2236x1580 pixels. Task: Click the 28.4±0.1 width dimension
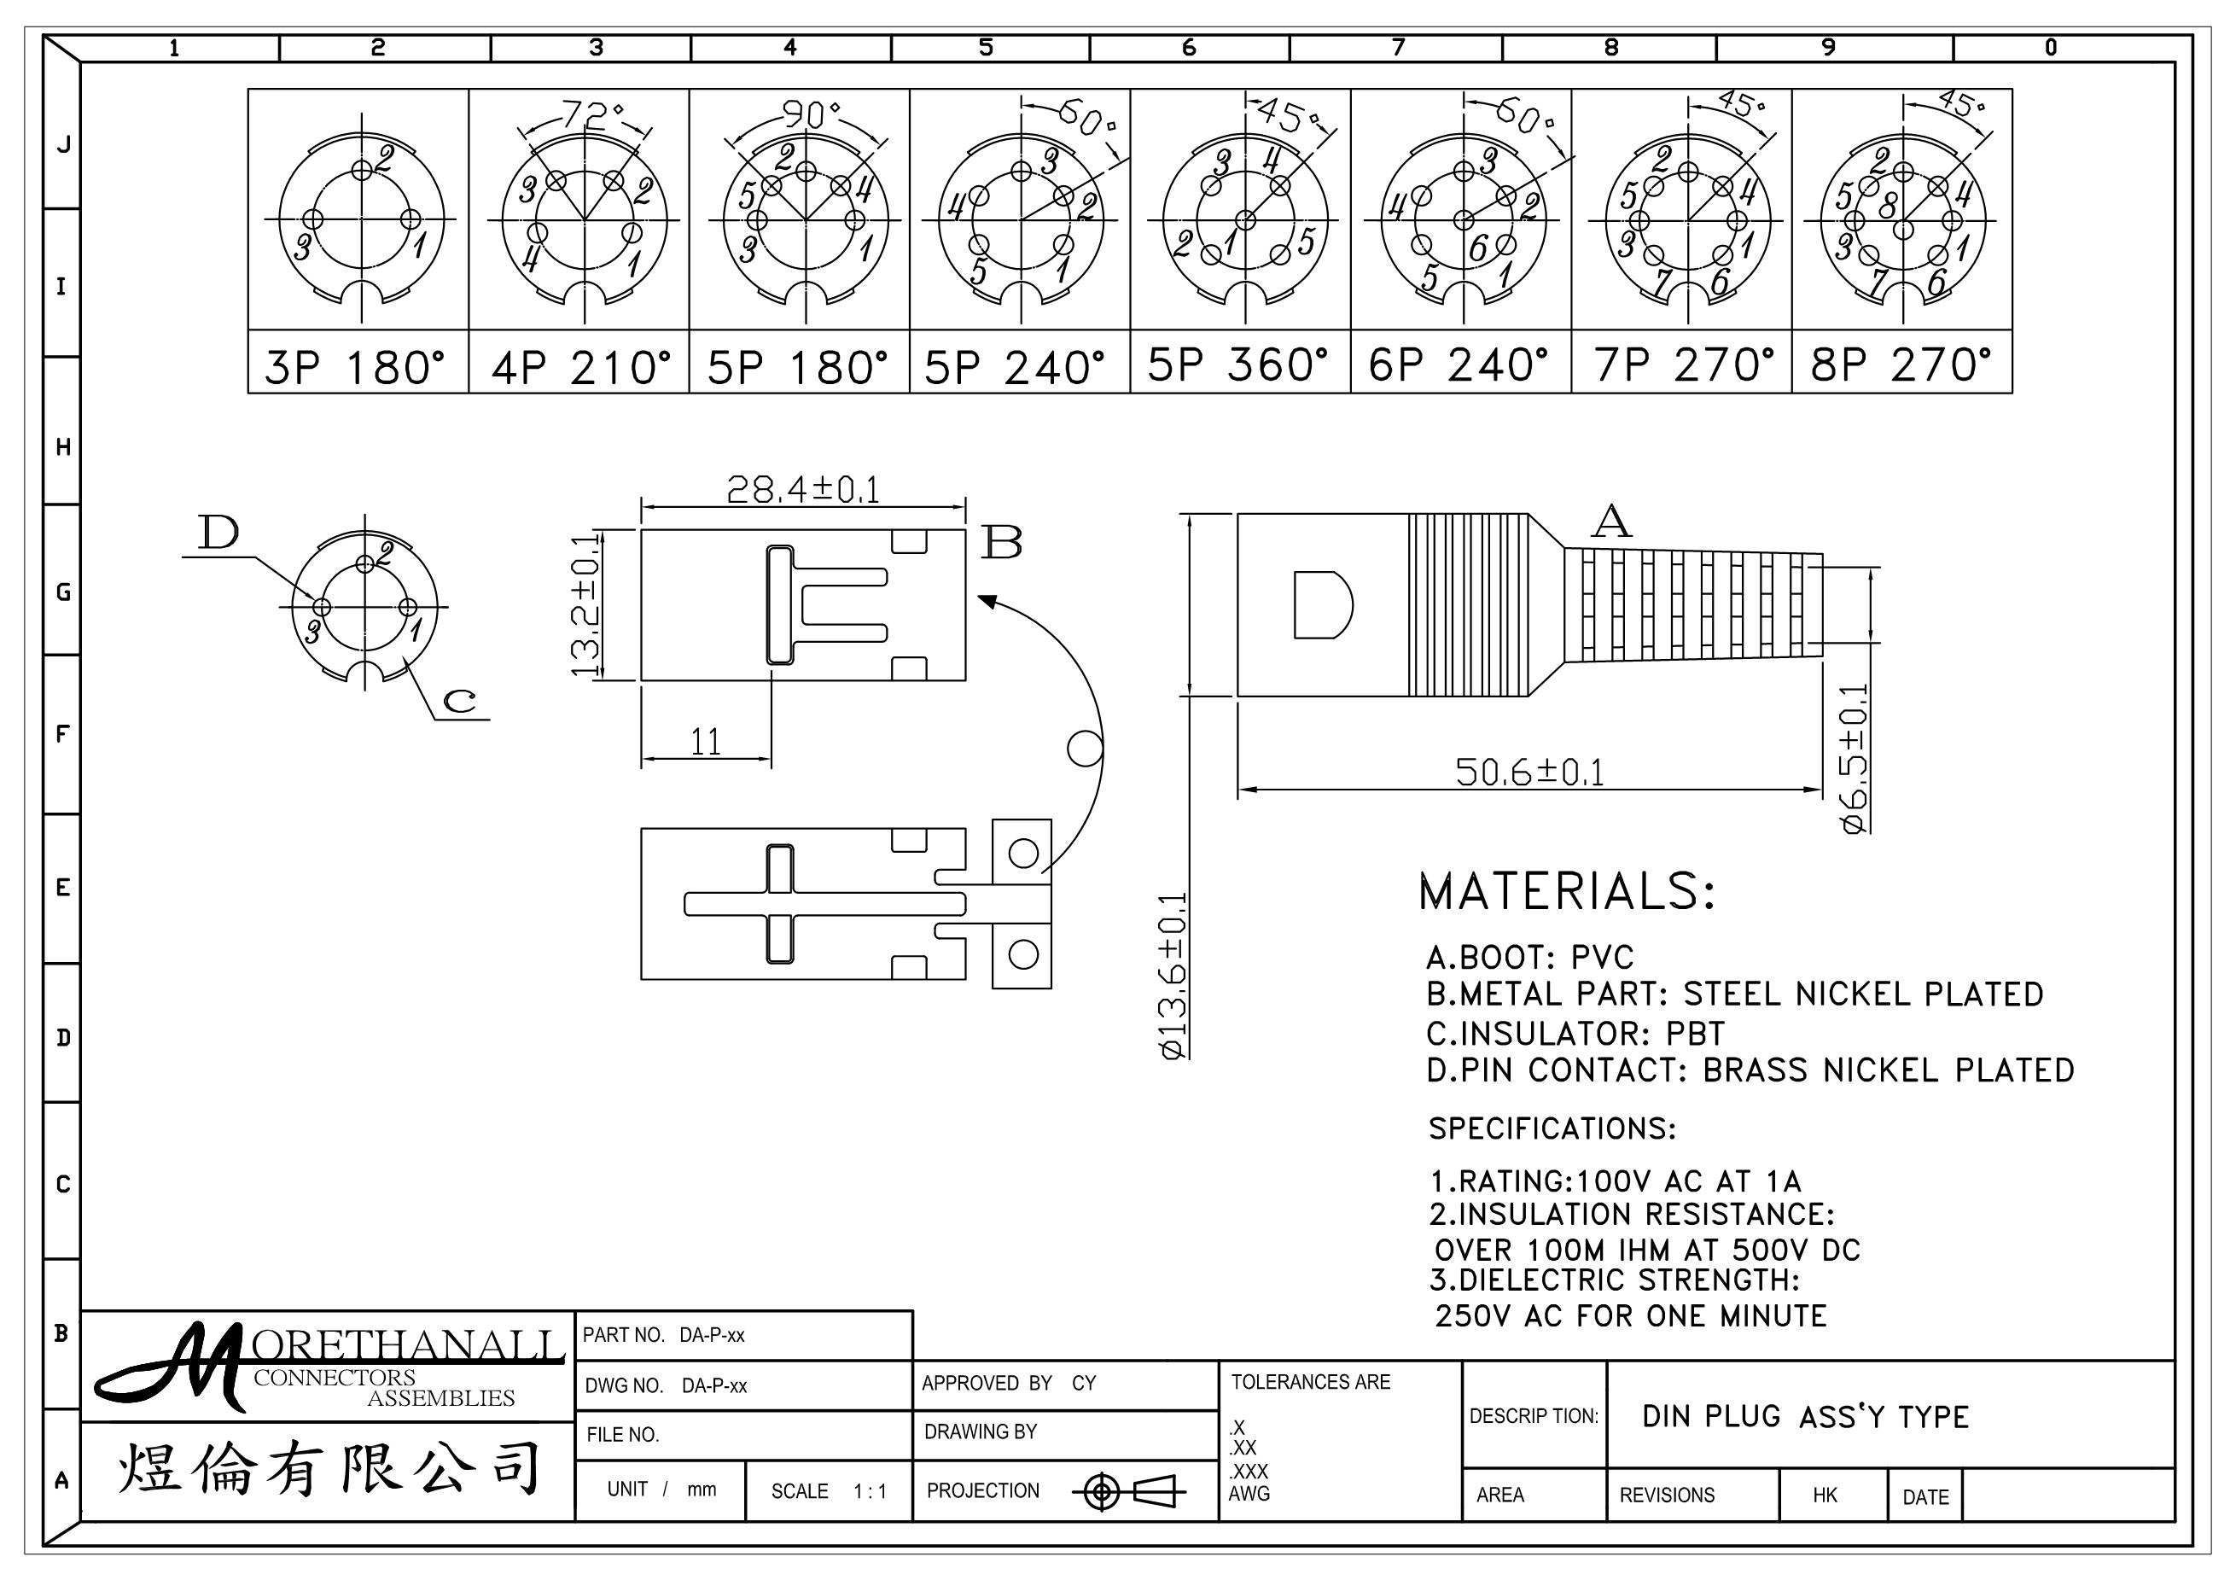803,489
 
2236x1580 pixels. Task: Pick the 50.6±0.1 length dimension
1530,772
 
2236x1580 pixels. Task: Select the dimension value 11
706,743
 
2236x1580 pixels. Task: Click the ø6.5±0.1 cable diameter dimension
1855,759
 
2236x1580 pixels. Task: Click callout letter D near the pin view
218,532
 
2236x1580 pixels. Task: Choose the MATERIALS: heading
1566,891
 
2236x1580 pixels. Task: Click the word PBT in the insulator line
1696,1033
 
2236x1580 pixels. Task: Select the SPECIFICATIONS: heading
1552,1128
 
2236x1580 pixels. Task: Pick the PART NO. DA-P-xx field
663,1334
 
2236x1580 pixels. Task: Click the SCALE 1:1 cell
829,1491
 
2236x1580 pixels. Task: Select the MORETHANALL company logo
329,1366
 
